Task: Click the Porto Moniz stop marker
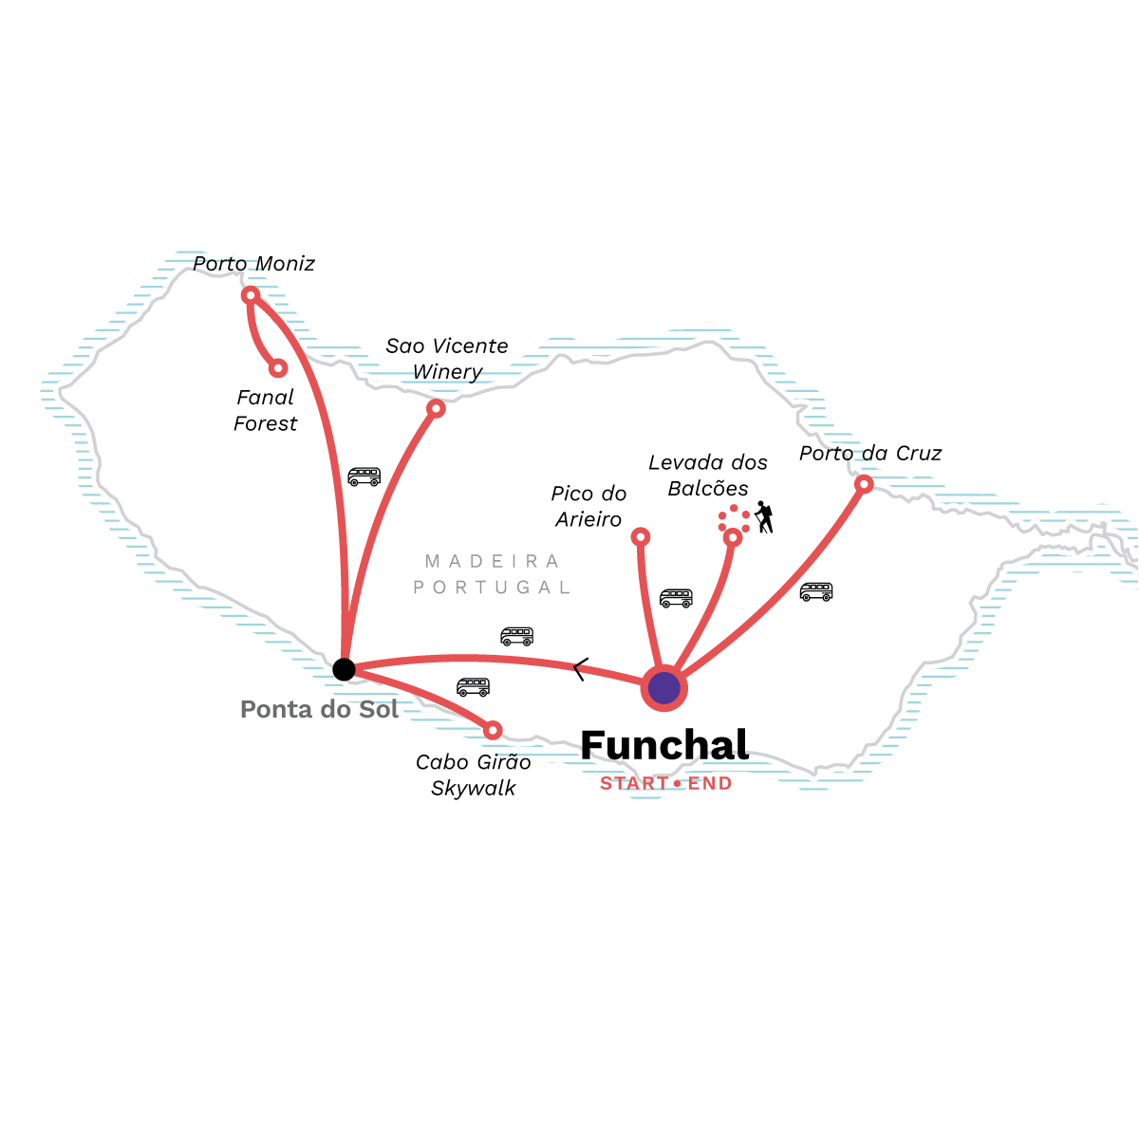tap(251, 295)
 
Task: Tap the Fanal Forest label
tap(266, 410)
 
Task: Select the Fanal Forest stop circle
tap(278, 369)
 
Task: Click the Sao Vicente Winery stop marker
tap(436, 408)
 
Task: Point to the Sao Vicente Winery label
tap(447, 359)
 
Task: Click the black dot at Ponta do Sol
tap(344, 670)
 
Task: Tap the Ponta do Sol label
tap(319, 709)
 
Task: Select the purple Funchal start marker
tap(663, 688)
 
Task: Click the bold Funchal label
tap(665, 745)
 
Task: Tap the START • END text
tap(666, 784)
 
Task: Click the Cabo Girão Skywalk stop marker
tap(493, 731)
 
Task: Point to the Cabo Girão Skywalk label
tap(474, 775)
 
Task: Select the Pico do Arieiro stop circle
tap(641, 536)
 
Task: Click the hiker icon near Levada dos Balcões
tap(764, 517)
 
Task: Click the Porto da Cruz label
tap(870, 454)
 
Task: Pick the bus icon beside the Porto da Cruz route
tap(816, 591)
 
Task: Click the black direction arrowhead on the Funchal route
tap(581, 669)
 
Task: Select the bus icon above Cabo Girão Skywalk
tap(473, 687)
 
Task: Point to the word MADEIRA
tap(492, 561)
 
